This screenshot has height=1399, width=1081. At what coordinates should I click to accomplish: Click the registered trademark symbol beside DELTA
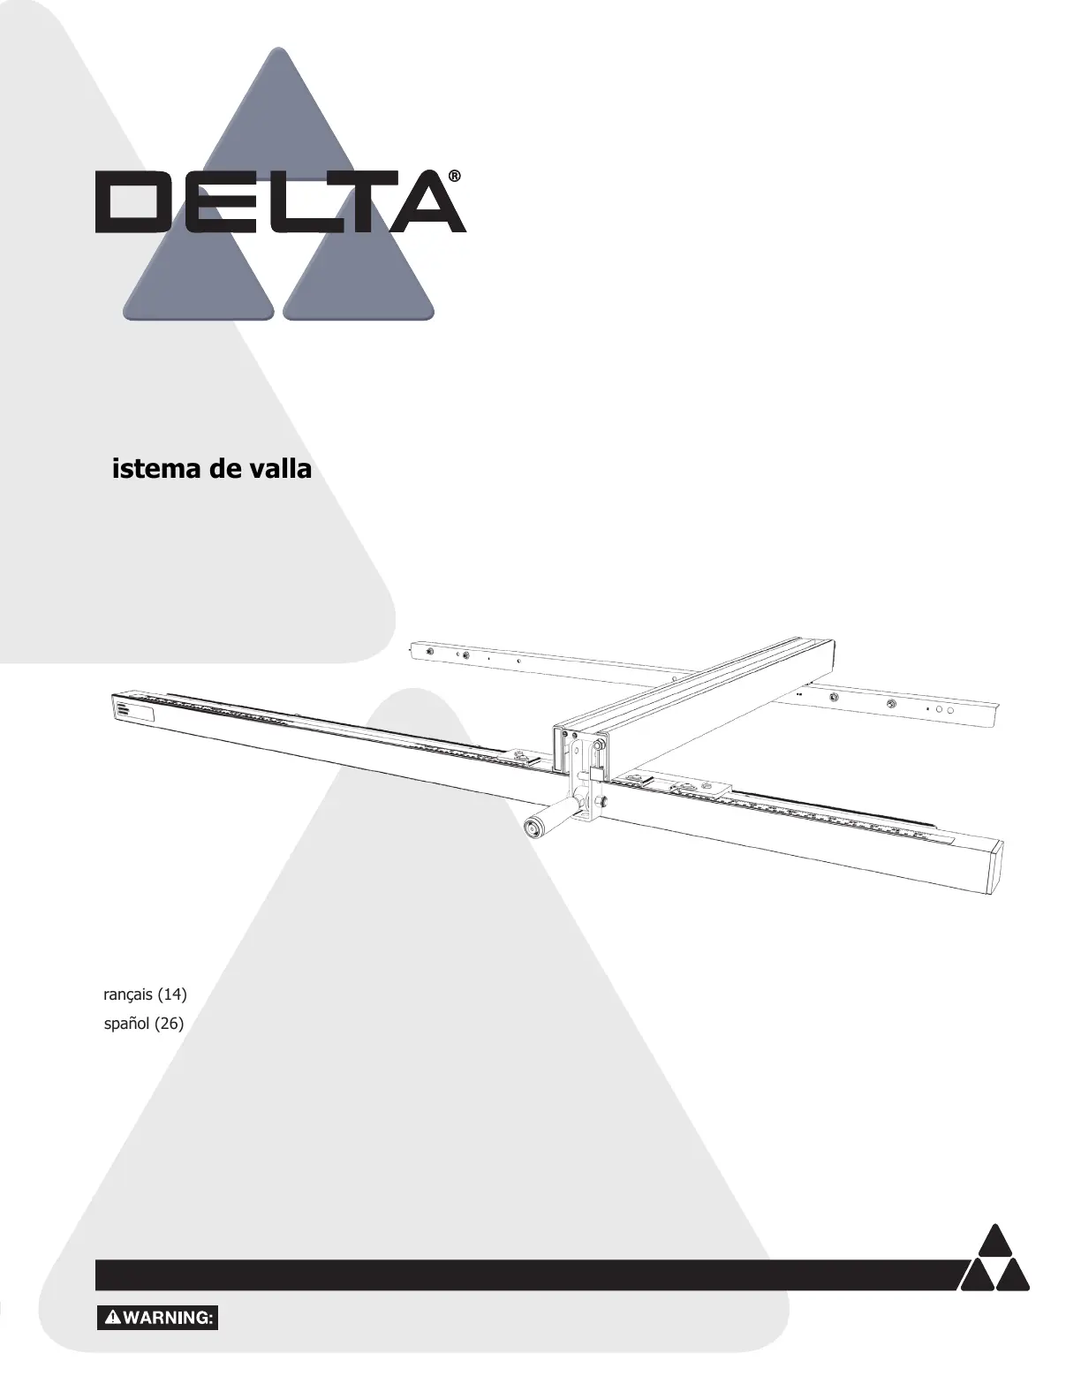(454, 177)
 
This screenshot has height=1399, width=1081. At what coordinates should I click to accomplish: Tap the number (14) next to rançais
(172, 994)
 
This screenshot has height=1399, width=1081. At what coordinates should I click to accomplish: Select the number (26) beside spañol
(169, 1025)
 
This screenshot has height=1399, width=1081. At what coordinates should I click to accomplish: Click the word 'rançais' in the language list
(129, 994)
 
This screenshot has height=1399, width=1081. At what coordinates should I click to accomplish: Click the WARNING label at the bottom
(157, 1318)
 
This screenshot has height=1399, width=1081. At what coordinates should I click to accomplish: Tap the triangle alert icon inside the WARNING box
(113, 1318)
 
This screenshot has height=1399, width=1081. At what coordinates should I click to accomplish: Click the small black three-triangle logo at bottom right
(994, 1259)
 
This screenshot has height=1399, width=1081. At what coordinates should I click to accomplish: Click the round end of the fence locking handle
(533, 828)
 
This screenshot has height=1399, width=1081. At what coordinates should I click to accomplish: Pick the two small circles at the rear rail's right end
(944, 709)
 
